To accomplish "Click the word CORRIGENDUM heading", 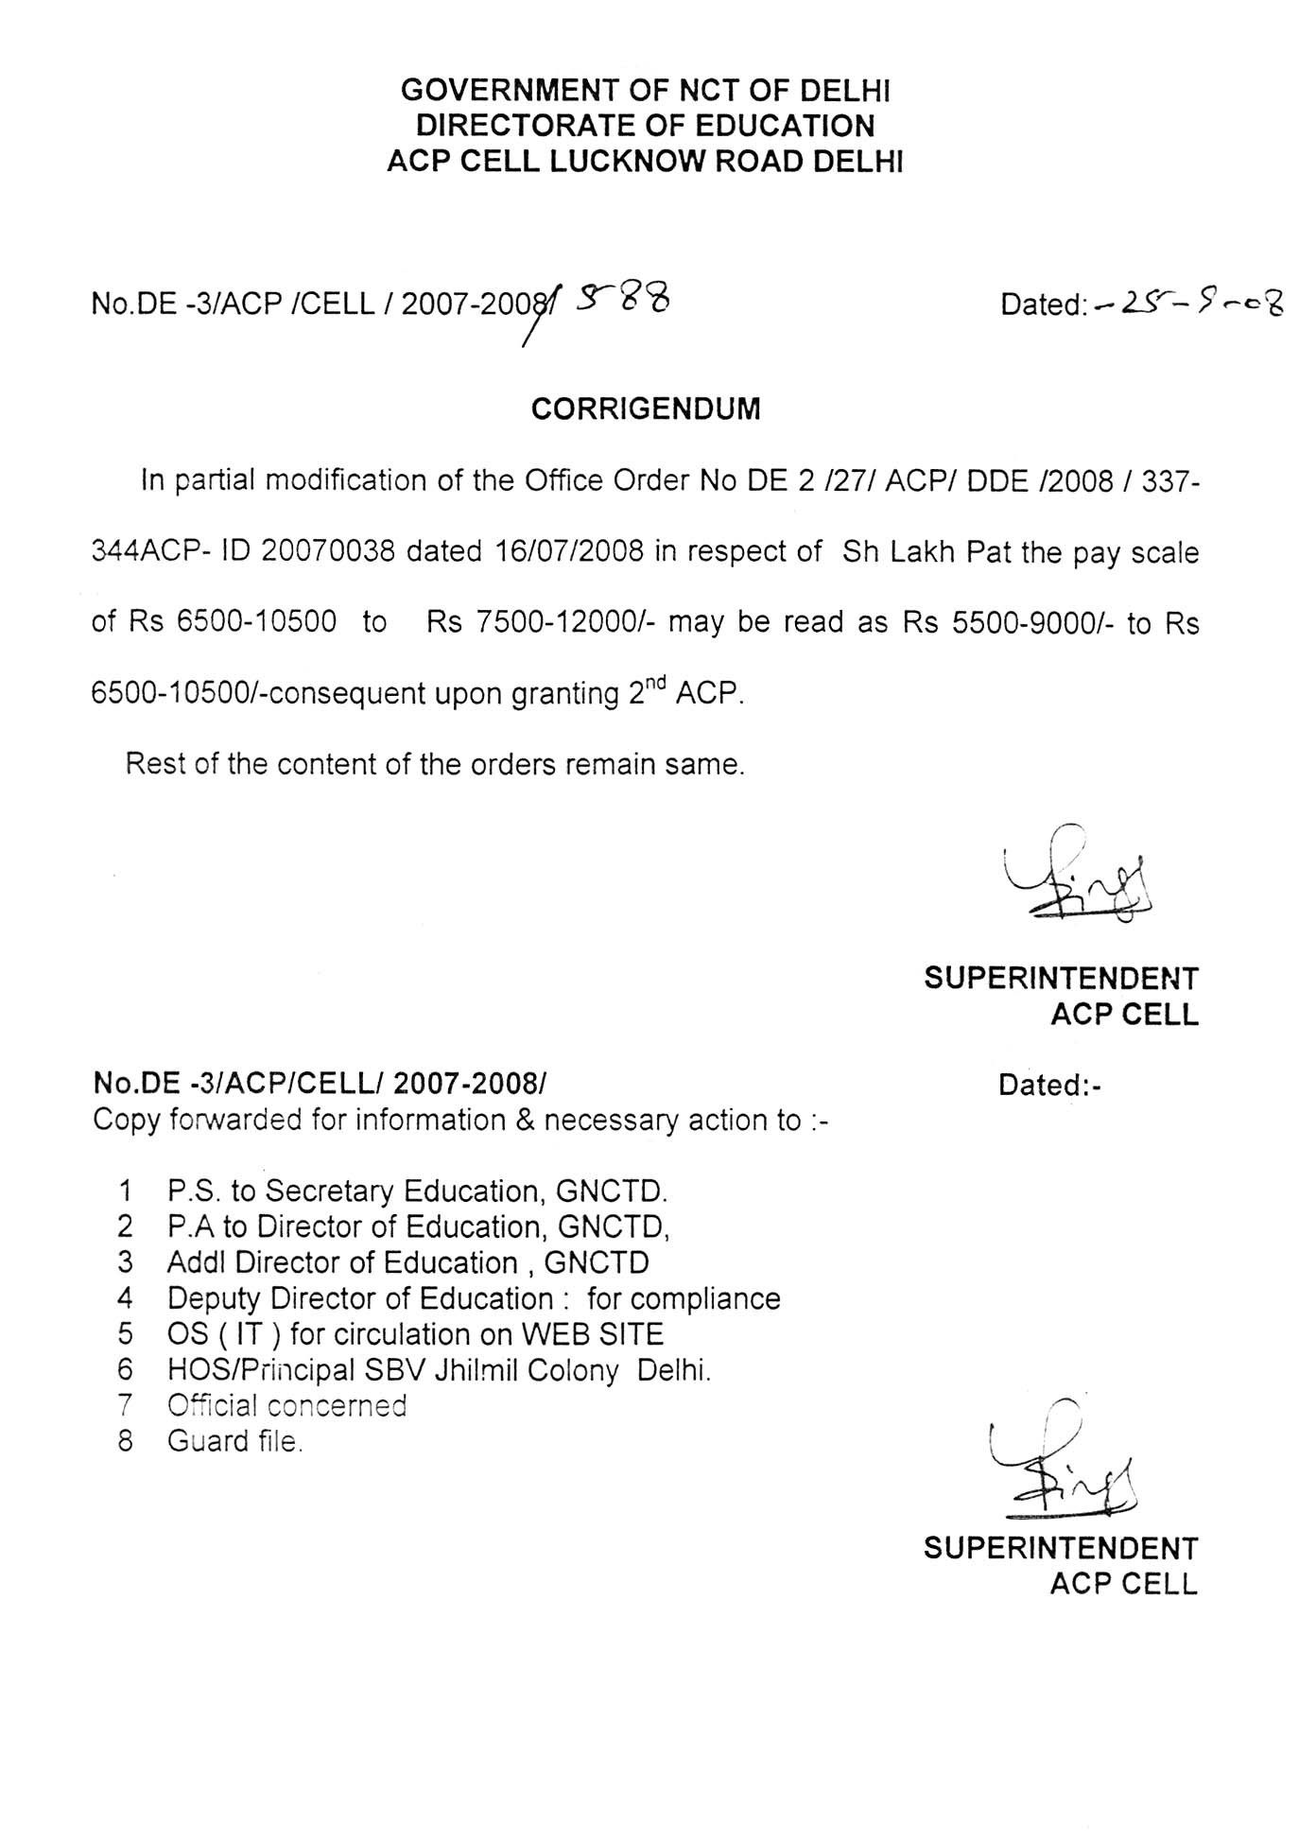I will [646, 409].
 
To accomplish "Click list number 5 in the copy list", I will [126, 1334].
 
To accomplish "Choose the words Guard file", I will [234, 1441].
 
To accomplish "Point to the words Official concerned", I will [286, 1405].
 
